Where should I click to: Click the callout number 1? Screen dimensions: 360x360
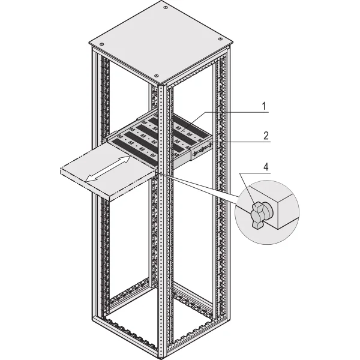[x=264, y=106]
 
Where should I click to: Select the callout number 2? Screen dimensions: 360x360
[x=266, y=136]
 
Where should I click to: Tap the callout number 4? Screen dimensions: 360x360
[x=266, y=167]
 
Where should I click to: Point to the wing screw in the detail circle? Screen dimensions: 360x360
[x=261, y=215]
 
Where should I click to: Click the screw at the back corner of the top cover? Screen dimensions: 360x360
[x=165, y=8]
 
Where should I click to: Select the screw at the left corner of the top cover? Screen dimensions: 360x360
[x=102, y=44]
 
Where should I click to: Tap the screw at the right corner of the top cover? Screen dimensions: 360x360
[x=220, y=38]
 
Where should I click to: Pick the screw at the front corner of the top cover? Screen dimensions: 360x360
[x=156, y=76]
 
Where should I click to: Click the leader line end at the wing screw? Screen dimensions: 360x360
[x=254, y=205]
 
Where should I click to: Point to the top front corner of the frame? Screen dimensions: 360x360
[x=163, y=86]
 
